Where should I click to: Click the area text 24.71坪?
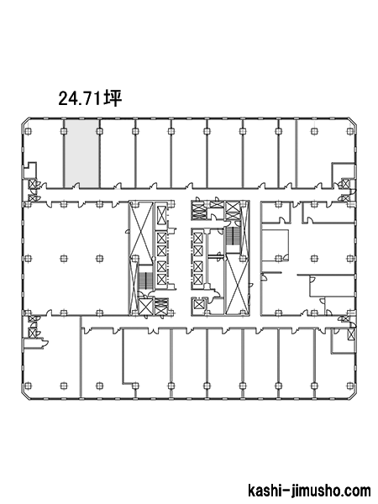coord(90,98)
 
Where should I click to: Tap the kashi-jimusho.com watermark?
coord(309,491)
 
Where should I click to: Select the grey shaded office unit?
coord(81,154)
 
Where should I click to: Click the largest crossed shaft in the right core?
coord(237,283)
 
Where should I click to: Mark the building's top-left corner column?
coord(28,130)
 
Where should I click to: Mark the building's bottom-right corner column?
coord(349,385)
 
